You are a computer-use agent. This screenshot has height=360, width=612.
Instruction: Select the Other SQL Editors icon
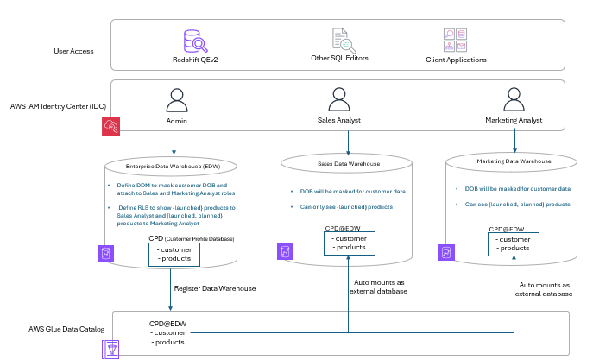click(344, 41)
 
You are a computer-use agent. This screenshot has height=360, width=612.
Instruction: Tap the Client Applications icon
click(455, 41)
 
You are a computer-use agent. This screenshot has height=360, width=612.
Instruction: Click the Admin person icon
click(176, 104)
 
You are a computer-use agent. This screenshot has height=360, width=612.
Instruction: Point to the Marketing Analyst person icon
click(515, 104)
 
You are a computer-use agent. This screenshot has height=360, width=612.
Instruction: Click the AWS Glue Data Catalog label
click(66, 329)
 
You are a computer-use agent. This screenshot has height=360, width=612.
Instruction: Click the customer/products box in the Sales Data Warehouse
click(350, 243)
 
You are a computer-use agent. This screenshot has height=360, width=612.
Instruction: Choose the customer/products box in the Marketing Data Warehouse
click(514, 243)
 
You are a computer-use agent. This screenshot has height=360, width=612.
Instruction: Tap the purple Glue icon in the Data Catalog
click(111, 348)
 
